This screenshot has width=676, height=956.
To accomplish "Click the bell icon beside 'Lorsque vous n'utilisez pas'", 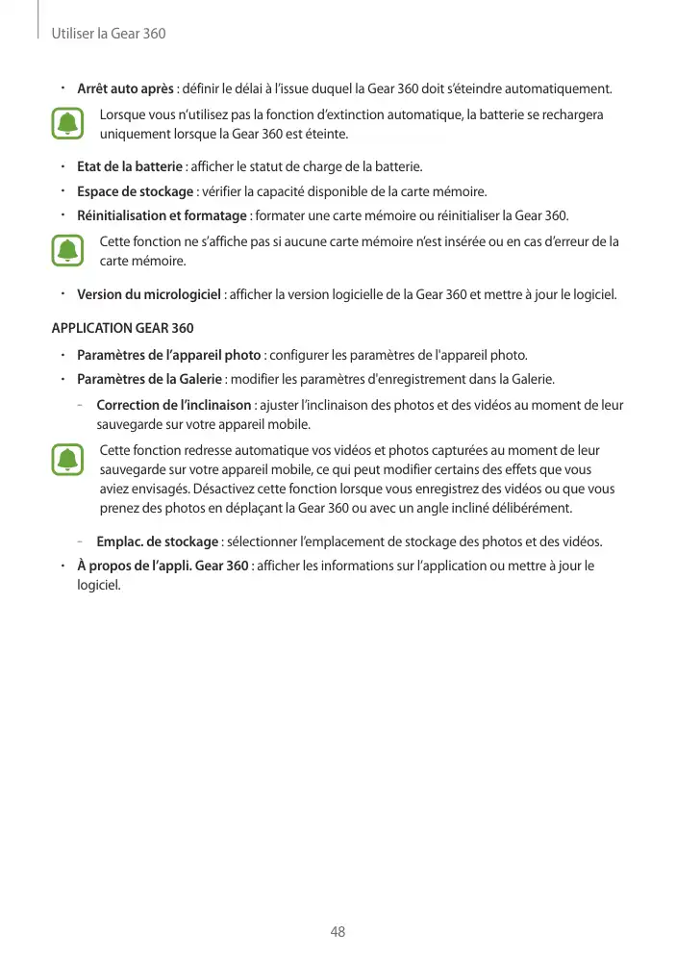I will tap(68, 124).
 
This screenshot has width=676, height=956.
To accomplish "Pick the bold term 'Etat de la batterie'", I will tap(130, 167).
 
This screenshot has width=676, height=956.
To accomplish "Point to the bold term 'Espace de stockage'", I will tap(135, 190).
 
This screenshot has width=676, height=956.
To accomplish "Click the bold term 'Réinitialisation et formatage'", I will tap(162, 214).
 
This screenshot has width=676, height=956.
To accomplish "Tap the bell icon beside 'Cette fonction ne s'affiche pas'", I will tap(68, 250).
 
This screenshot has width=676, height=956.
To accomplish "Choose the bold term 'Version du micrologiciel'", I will tap(149, 293).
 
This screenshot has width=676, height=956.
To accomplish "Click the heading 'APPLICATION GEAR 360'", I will tap(122, 328).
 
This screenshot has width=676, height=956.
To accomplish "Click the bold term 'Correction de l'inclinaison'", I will tap(174, 405).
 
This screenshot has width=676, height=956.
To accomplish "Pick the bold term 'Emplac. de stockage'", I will tap(159, 539).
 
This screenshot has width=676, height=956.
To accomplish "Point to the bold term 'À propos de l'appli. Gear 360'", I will tap(163, 565).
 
